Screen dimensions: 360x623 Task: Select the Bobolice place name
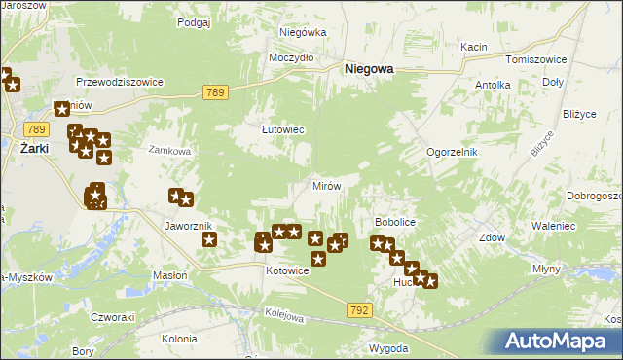(x=395, y=222)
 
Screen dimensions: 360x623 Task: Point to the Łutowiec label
(x=283, y=128)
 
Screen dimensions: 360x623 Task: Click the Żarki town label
(x=35, y=148)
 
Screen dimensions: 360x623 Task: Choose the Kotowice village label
(x=287, y=270)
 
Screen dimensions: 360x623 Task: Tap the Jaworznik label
(x=188, y=226)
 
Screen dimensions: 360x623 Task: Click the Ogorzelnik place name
(x=451, y=153)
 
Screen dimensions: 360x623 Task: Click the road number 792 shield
(x=357, y=308)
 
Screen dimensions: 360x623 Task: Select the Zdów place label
(x=492, y=236)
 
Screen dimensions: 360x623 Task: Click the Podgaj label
(x=195, y=21)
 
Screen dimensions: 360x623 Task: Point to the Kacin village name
(x=474, y=47)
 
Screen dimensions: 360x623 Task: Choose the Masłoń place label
(x=169, y=275)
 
